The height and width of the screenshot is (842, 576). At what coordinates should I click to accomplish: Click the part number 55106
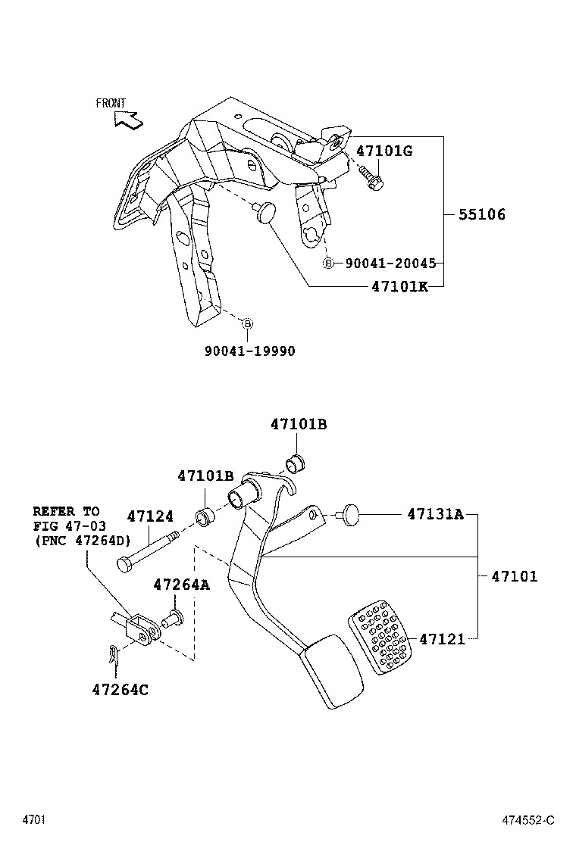(481, 215)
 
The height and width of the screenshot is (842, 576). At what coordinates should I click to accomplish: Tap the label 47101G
(384, 151)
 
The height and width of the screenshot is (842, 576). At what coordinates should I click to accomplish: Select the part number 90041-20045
(390, 264)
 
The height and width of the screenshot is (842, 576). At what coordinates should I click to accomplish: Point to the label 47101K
(399, 287)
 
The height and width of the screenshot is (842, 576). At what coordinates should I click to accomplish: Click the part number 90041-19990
(249, 351)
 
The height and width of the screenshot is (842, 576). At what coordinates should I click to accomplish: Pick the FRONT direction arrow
(127, 118)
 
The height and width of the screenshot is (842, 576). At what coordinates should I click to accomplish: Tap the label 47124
(150, 517)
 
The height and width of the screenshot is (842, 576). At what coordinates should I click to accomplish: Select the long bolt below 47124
(148, 550)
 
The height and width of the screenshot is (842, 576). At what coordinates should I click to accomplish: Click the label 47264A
(182, 585)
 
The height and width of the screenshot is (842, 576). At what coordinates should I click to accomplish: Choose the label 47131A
(435, 515)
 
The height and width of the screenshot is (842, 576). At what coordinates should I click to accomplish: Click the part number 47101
(514, 577)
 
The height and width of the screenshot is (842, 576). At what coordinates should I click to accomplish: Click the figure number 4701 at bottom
(34, 820)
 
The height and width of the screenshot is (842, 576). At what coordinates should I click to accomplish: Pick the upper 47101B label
(299, 425)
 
